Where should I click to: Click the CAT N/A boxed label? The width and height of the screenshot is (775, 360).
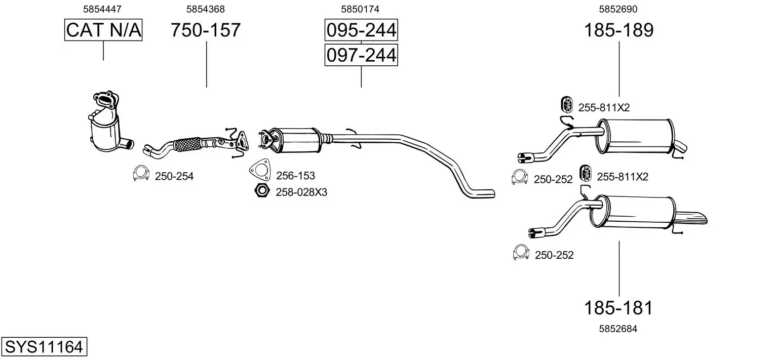click(103, 30)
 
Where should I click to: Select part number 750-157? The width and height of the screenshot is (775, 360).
click(205, 30)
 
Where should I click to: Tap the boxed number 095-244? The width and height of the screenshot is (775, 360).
click(361, 31)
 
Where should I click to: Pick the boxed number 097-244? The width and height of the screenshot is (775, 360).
click(361, 55)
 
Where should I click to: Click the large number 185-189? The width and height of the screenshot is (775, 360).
click(618, 30)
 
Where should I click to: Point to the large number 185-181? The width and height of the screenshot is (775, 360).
click(618, 308)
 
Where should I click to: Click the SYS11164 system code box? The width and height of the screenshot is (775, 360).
click(44, 347)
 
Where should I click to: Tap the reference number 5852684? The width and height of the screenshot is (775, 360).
click(618, 329)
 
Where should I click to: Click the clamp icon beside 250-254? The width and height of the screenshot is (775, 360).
click(140, 174)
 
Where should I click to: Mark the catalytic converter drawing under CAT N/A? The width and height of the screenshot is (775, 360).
click(106, 127)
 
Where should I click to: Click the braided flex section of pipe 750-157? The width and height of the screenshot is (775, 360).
click(187, 144)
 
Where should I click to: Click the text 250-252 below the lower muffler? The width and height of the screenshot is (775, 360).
click(554, 255)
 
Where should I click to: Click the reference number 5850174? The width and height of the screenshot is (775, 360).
click(360, 9)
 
